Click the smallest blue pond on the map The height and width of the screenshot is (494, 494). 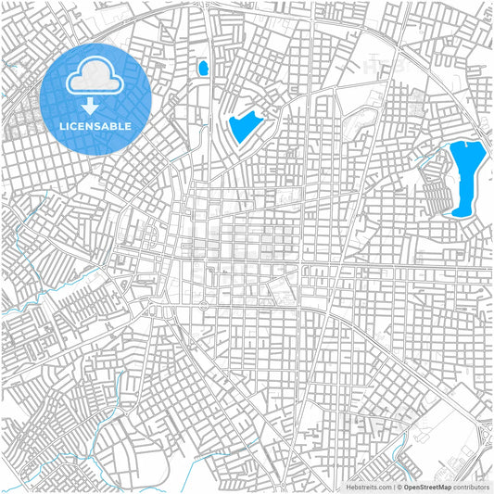202,68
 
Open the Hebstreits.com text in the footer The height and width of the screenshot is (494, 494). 367,486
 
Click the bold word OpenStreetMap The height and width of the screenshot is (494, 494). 426,486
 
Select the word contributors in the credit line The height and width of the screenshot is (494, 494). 471,486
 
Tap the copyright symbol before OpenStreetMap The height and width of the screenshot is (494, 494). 399,486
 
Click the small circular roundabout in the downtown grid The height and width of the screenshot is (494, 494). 203,304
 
